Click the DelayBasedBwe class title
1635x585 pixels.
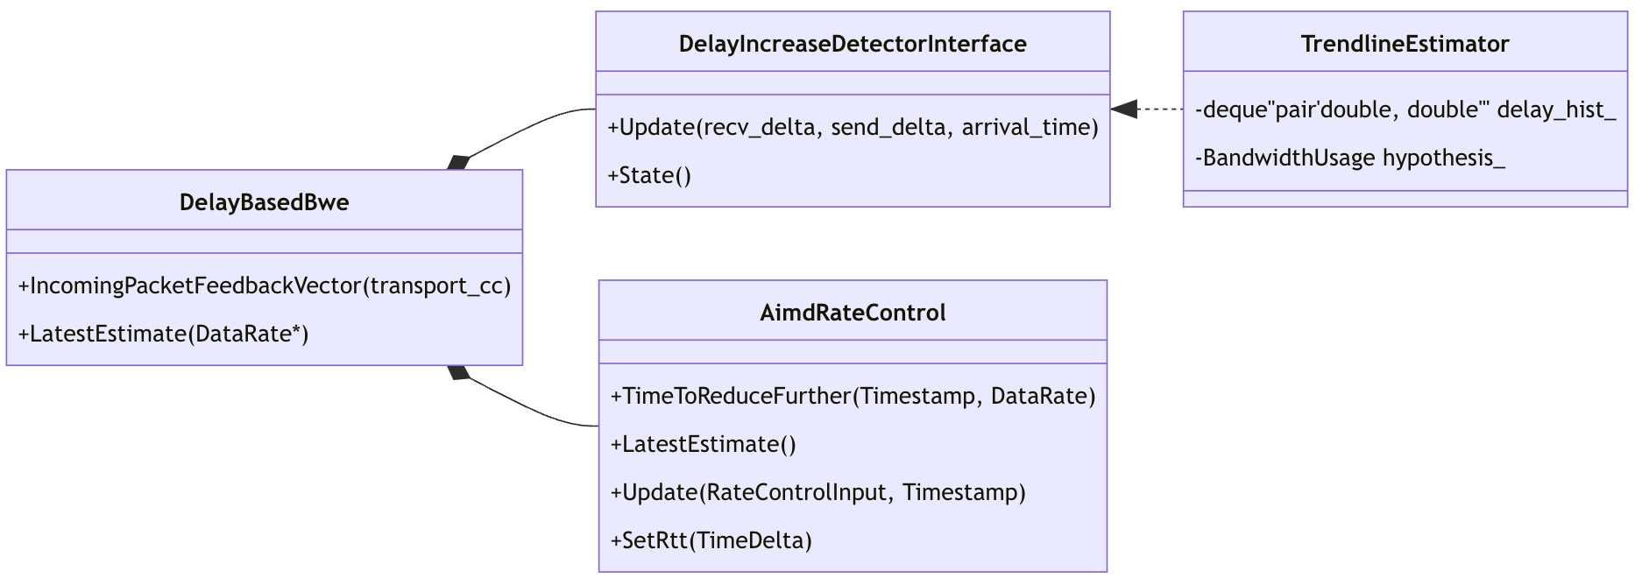point(264,202)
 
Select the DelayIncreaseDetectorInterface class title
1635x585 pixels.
point(853,44)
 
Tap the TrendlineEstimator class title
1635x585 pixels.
point(1405,44)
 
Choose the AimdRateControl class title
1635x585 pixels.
point(853,313)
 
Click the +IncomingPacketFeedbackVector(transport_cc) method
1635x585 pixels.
point(264,285)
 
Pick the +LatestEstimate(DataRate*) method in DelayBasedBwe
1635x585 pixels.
point(163,334)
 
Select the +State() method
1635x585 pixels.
point(649,175)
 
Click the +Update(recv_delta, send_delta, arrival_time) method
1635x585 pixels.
point(853,127)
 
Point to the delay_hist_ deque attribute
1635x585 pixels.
point(1405,109)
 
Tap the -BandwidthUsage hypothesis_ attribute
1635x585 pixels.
point(1349,158)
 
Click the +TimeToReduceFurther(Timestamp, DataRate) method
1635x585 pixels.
point(853,396)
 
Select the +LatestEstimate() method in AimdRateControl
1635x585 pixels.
point(703,444)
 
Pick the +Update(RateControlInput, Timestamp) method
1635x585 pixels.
point(817,492)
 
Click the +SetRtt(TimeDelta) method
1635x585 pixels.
point(711,540)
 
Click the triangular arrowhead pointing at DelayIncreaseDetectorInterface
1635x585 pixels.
point(1123,109)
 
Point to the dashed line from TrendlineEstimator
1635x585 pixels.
point(1162,109)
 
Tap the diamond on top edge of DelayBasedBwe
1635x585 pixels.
point(458,163)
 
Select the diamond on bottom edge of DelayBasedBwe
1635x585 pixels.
point(458,372)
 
